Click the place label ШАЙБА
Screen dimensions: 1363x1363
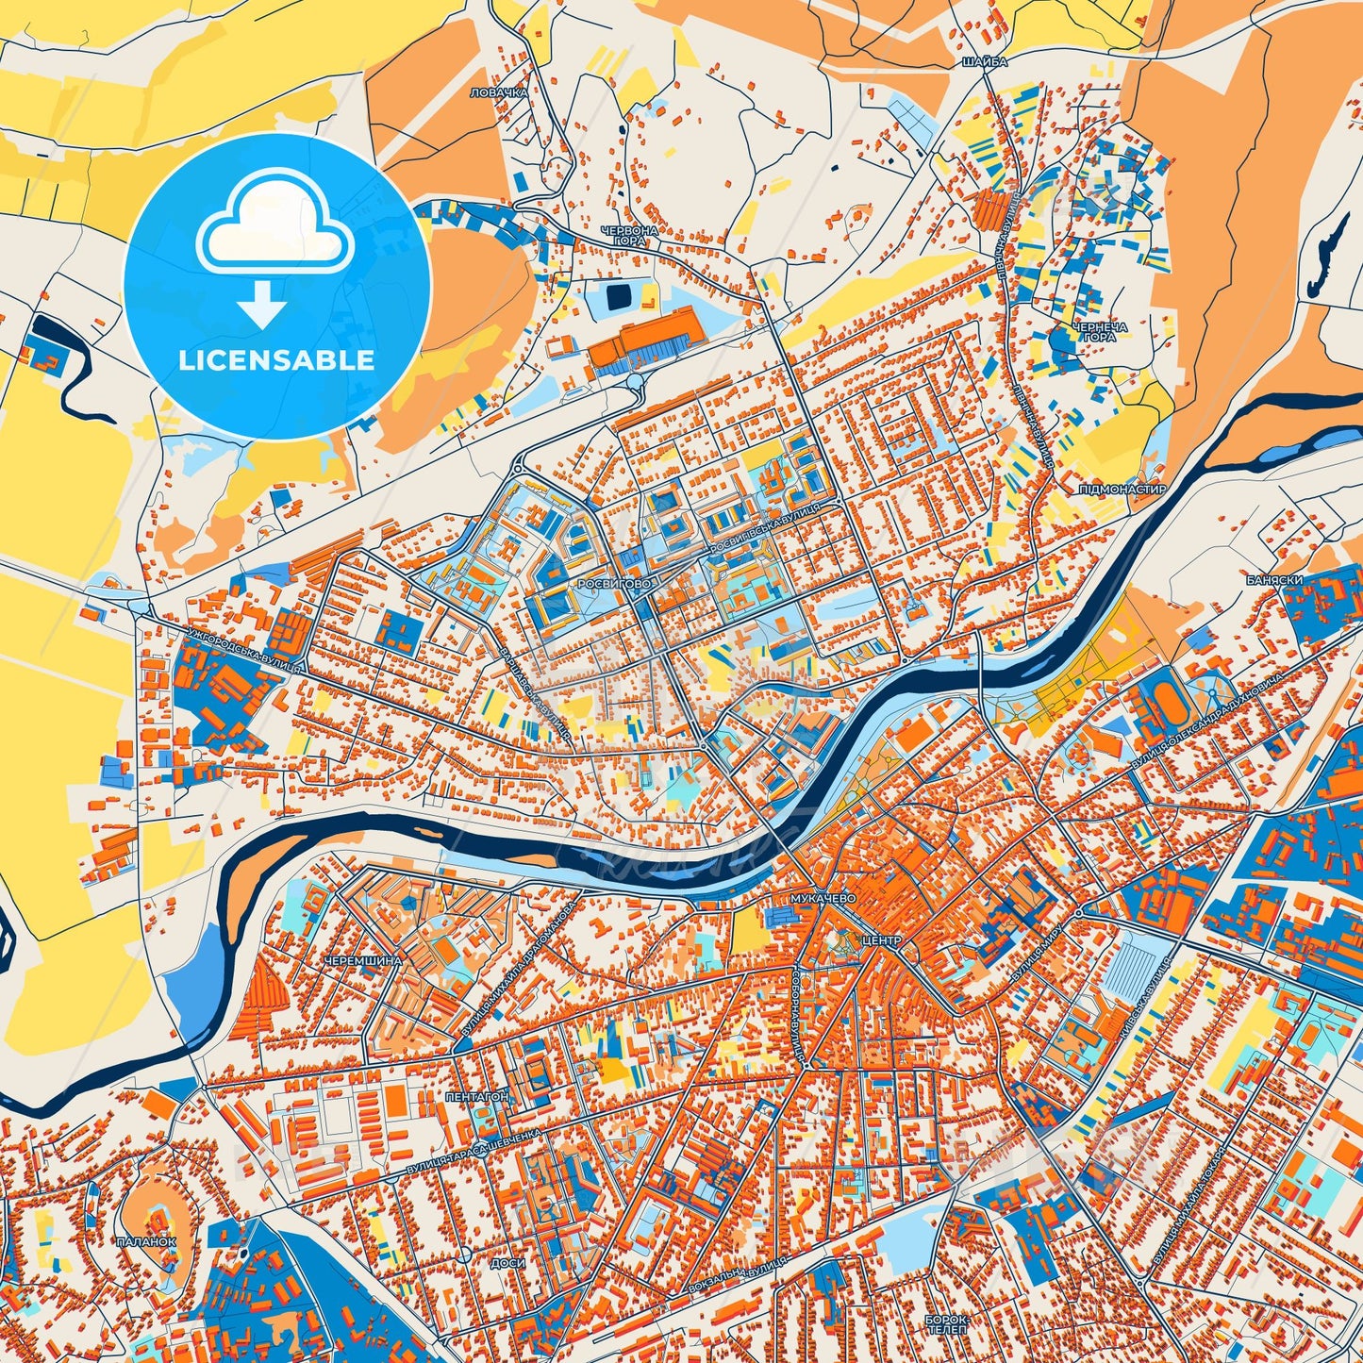(x=986, y=61)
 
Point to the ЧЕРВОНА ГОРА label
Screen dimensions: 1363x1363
(x=629, y=236)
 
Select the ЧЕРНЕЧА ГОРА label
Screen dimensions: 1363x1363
(x=1099, y=331)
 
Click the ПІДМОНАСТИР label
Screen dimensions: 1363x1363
(x=1122, y=490)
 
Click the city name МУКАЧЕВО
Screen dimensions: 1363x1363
(x=824, y=899)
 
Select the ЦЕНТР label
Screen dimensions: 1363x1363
(x=881, y=940)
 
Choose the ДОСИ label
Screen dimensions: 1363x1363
(x=507, y=1262)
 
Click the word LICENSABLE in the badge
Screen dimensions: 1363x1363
(x=278, y=360)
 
